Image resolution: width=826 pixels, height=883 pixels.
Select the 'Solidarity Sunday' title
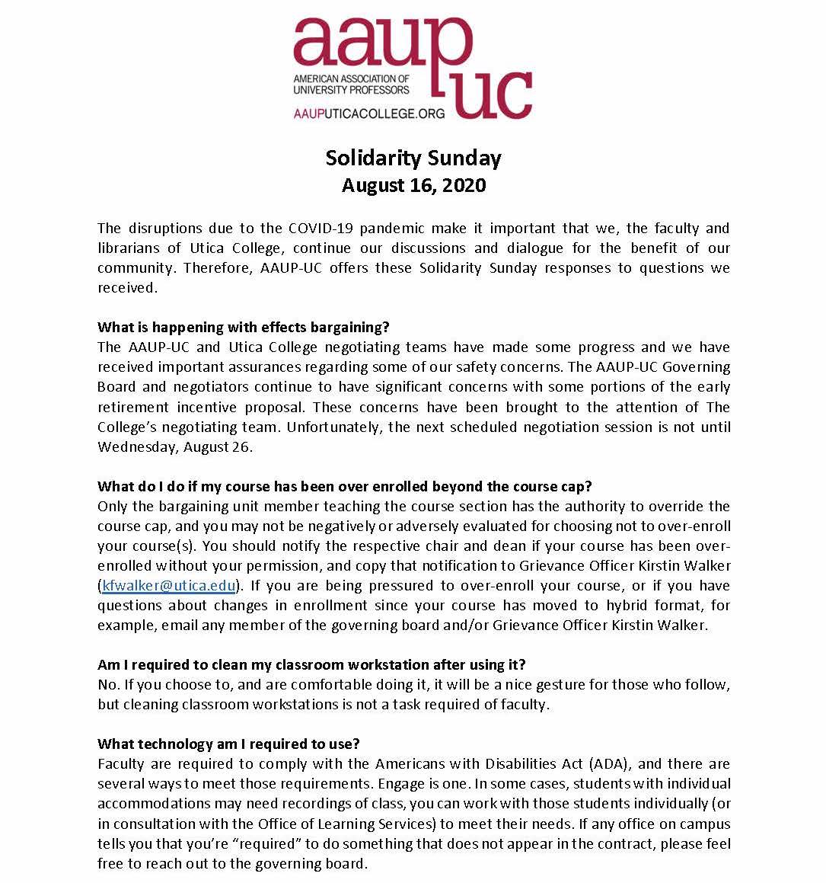413,158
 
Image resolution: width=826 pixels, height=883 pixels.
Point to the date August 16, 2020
413,185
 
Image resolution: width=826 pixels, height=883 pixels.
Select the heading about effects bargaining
244,327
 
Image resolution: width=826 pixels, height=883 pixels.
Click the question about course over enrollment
345,486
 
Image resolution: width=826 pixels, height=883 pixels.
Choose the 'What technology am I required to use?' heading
228,744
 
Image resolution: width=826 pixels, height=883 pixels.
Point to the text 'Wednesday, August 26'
174,446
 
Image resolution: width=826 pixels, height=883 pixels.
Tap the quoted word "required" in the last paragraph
249,843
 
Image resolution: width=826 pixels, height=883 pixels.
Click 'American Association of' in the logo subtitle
351,78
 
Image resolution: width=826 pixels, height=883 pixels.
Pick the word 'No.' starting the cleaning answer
108,684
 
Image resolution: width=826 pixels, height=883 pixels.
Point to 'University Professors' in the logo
351,90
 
